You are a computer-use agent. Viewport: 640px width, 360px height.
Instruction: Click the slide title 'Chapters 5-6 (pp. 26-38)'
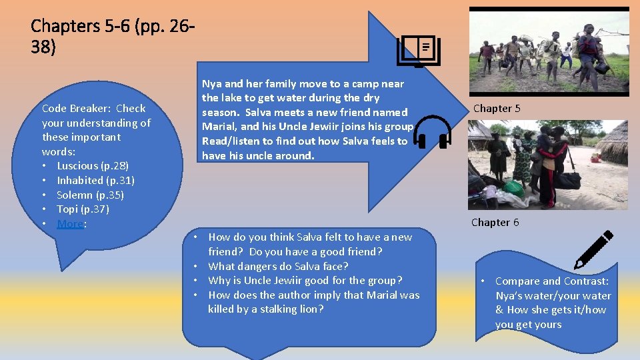pos(113,37)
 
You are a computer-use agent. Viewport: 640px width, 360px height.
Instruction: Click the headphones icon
pos(433,131)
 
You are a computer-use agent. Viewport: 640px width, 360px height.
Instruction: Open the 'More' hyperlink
pos(70,224)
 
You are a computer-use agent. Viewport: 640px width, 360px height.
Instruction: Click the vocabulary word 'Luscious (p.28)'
pos(93,165)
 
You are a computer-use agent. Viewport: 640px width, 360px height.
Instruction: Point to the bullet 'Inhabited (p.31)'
pos(95,180)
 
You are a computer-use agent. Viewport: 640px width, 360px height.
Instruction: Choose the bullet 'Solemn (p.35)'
pos(90,195)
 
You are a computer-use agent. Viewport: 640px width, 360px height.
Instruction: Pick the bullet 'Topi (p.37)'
pos(83,209)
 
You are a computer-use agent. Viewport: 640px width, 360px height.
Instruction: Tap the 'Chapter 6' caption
pos(495,223)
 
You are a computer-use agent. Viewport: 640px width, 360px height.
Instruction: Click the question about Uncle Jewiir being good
pos(305,280)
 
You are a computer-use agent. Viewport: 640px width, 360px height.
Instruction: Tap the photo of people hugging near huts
pos(547,165)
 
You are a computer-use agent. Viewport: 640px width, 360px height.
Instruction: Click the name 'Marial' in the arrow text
pos(219,127)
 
